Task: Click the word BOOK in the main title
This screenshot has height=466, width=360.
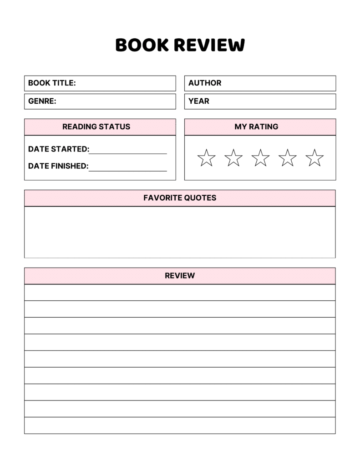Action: click(142, 45)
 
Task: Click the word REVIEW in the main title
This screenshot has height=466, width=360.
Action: click(209, 45)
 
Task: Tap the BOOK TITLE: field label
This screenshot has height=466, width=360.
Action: click(52, 83)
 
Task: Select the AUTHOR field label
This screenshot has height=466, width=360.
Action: click(205, 83)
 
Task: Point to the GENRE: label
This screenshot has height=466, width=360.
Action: click(42, 101)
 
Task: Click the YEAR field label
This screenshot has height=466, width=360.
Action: click(199, 101)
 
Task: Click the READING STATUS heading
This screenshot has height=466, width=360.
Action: click(96, 127)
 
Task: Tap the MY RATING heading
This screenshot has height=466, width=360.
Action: click(257, 127)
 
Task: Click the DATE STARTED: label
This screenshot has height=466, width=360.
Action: click(59, 149)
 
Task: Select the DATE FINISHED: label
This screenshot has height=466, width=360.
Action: click(58, 166)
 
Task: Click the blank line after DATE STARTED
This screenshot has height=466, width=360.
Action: click(128, 154)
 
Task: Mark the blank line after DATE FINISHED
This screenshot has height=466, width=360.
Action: click(128, 171)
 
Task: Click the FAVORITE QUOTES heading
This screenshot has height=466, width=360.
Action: click(180, 198)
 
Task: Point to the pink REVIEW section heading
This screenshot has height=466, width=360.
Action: click(180, 276)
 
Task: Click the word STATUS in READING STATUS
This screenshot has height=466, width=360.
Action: click(114, 127)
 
